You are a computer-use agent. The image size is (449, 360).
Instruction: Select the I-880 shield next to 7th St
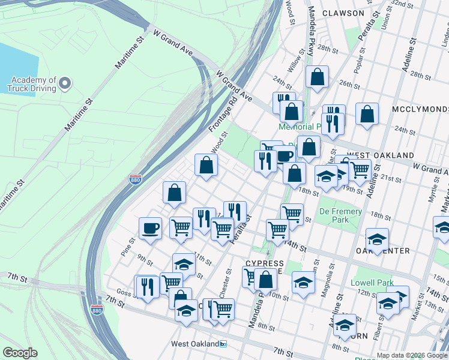(97, 310)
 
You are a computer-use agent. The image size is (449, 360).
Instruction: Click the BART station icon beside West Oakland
(223, 344)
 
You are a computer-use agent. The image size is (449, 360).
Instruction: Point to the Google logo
(20, 353)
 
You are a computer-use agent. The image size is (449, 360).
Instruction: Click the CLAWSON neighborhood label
(343, 13)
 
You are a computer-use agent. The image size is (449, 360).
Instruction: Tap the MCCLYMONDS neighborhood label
(420, 109)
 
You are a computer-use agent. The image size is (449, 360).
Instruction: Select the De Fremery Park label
(340, 215)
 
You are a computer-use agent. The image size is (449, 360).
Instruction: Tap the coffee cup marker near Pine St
(150, 228)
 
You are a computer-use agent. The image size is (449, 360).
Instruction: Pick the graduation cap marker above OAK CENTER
(377, 238)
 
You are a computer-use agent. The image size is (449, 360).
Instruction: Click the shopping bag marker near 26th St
(317, 76)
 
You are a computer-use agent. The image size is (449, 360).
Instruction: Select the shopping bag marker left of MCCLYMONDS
(367, 113)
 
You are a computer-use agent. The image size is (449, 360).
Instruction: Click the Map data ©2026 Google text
(412, 355)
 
